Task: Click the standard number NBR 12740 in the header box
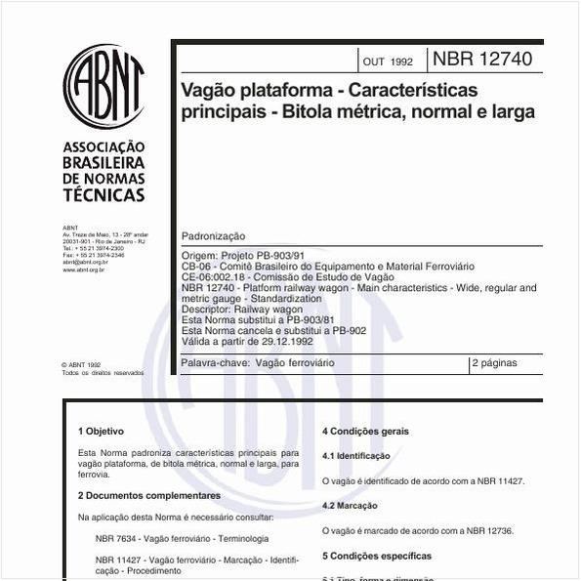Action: [x=482, y=61]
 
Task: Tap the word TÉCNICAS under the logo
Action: [x=104, y=195]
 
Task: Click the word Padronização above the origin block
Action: [x=214, y=236]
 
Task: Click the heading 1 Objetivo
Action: [x=101, y=431]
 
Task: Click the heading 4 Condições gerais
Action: [x=366, y=431]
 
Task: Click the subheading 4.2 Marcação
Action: [x=349, y=506]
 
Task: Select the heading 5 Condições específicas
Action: [x=376, y=556]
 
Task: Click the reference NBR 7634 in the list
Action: [x=117, y=538]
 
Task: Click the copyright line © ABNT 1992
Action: [x=81, y=364]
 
